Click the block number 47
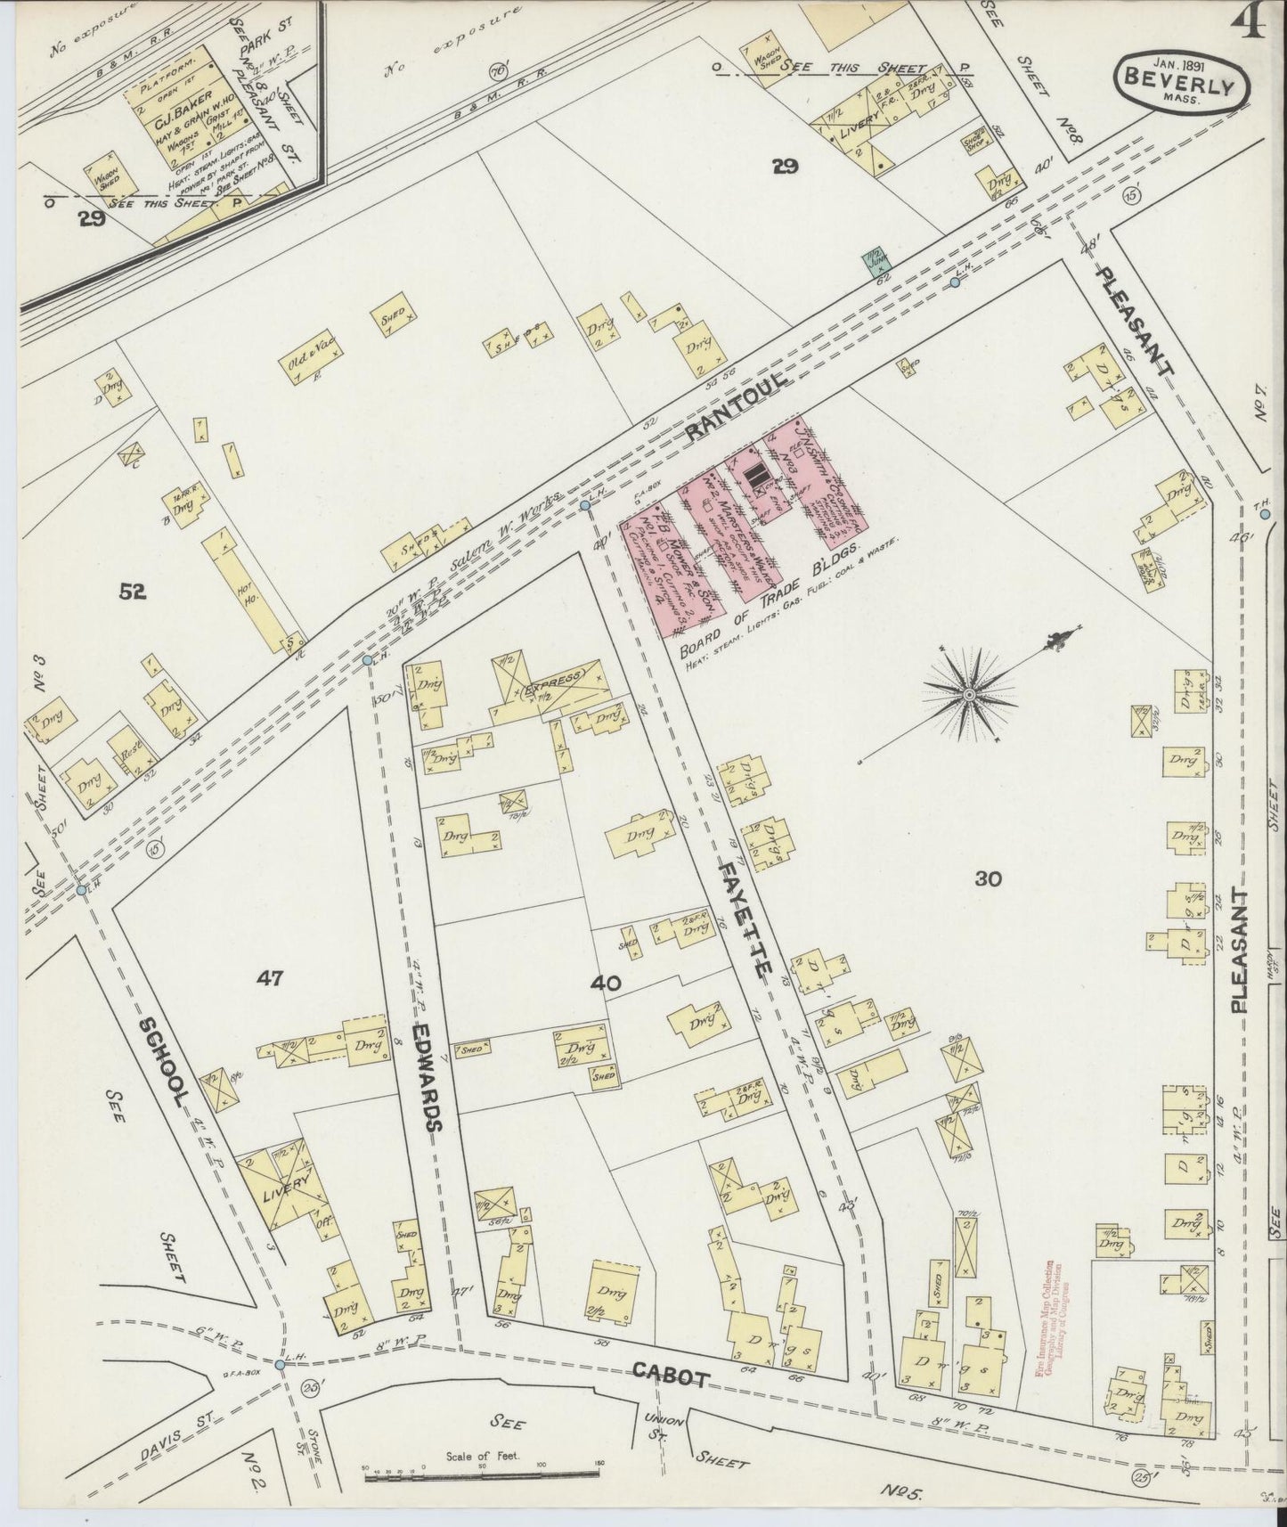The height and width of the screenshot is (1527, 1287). pos(269,979)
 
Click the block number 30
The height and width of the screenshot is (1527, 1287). pos(988,879)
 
